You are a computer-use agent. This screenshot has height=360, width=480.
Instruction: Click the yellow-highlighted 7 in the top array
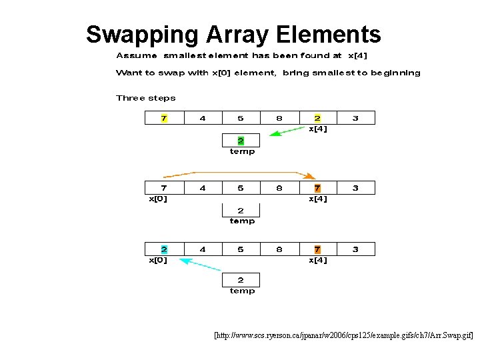coord(164,118)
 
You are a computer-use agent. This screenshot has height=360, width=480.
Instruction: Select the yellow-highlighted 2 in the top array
coord(317,118)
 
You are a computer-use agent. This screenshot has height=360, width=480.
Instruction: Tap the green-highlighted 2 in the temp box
coord(241,141)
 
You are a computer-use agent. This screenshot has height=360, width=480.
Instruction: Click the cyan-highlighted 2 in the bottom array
coord(164,249)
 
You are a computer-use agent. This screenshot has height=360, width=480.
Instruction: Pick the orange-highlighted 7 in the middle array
coord(317,188)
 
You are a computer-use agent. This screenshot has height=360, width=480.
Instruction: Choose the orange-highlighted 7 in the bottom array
coord(317,249)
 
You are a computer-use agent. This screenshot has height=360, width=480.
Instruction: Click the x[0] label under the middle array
coord(157,199)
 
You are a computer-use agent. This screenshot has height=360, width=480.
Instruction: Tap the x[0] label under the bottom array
coord(157,260)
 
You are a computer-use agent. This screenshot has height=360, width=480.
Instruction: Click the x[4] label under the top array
coord(317,129)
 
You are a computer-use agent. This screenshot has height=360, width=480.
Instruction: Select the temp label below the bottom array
coord(242,291)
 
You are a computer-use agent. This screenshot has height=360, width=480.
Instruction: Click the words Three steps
coord(146,98)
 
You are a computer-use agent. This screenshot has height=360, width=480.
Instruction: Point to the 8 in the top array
coord(279,118)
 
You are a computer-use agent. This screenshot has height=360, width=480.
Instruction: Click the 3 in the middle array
coord(355,188)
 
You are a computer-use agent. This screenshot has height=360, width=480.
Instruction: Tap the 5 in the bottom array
coord(241,249)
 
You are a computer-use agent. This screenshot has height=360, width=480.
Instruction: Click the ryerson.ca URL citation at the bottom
coord(343,337)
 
